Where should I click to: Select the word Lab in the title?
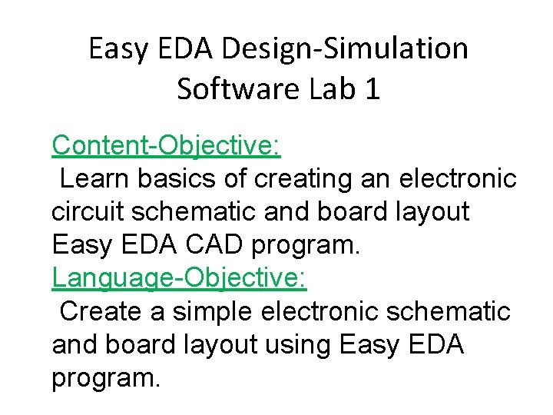[334, 88]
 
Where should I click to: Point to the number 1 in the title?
[372, 88]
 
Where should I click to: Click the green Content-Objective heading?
[166, 144]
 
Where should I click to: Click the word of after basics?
[235, 178]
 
